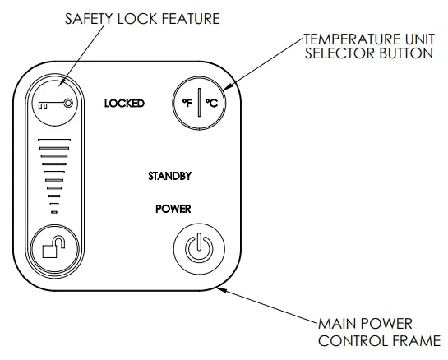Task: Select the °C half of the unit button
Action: (210, 104)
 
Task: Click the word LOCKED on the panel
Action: (124, 104)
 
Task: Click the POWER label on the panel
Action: (173, 209)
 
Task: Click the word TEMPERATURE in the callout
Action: (349, 39)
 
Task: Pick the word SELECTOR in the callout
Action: (335, 54)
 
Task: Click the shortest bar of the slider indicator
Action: (54, 213)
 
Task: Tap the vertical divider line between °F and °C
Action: (199, 104)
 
